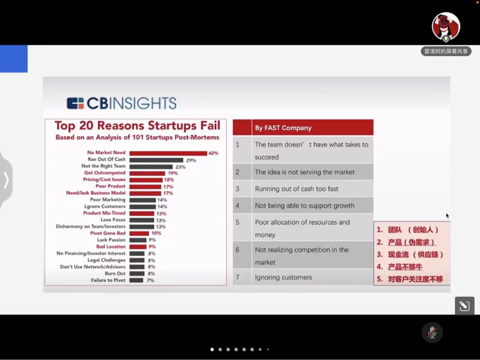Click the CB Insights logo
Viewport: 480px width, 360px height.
coord(121,103)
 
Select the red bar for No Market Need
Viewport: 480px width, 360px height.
coord(168,153)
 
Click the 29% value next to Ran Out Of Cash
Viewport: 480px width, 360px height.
coord(191,160)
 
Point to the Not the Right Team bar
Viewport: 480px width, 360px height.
coord(151,167)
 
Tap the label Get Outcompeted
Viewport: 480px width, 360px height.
coord(105,173)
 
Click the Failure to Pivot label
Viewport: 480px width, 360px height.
coord(108,281)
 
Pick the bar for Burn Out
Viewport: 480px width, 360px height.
coord(137,274)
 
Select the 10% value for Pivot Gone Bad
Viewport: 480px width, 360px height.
coord(156,233)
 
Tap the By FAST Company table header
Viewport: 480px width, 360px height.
coord(283,128)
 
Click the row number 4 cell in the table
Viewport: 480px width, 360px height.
coord(238,206)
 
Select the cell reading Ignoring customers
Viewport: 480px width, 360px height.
coord(283,277)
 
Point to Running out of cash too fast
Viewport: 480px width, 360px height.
coord(296,189)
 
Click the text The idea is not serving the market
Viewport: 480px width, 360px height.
coord(304,172)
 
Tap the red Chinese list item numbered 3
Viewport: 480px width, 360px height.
coord(410,255)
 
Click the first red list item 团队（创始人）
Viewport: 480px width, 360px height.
coord(407,230)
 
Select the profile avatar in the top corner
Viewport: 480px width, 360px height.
coord(446,26)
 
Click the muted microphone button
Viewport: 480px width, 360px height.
coord(432,332)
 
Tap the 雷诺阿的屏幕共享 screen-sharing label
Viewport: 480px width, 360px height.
coord(446,51)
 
